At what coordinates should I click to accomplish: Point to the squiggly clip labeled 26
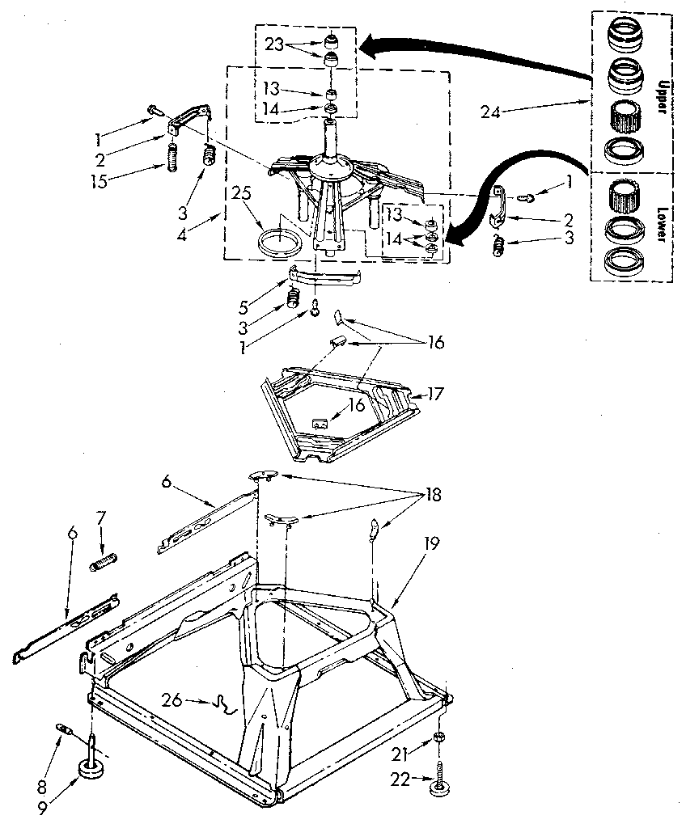(222, 706)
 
